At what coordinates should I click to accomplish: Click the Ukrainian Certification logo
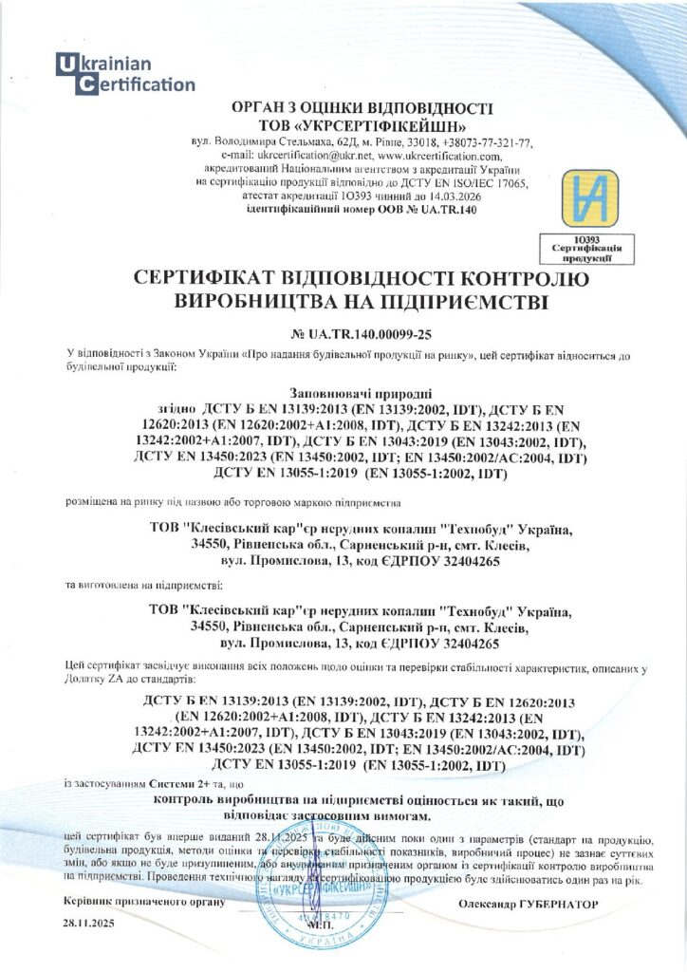click(124, 74)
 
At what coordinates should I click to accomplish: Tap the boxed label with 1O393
click(574, 249)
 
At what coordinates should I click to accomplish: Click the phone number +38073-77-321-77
click(479, 142)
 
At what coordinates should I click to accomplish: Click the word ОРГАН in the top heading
click(246, 108)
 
